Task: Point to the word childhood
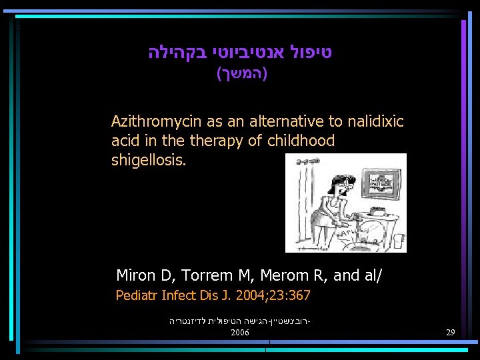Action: pos(303,141)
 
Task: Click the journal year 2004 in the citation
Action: pos(257,295)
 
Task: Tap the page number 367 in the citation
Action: pos(299,295)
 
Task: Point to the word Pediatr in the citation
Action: pos(136,295)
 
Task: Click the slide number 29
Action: pos(451,332)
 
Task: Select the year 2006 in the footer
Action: pos(240,332)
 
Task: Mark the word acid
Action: pos(125,141)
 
